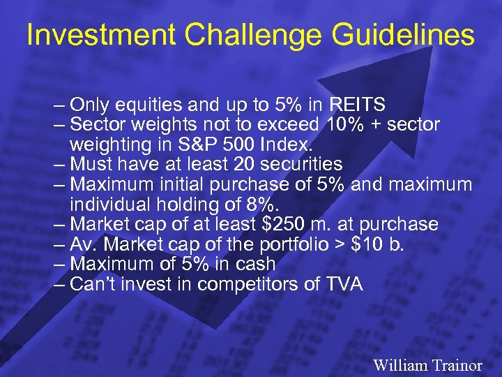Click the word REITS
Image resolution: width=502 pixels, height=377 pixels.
pos(358,105)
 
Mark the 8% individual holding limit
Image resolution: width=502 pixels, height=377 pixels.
pos(262,205)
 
